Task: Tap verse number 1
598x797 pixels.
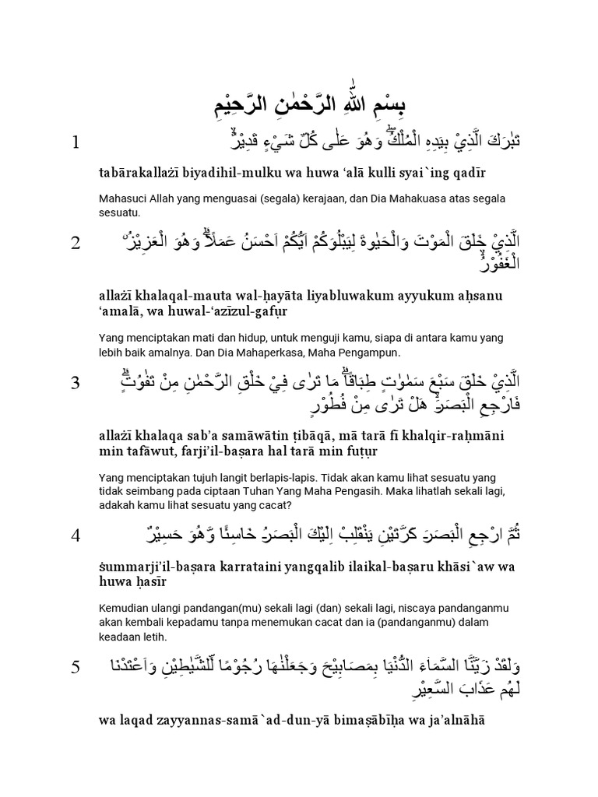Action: pos(76,142)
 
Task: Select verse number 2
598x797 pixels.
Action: pos(76,244)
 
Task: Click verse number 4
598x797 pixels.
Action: pos(76,535)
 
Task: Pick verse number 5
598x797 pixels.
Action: pos(76,667)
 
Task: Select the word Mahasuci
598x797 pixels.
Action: pos(125,198)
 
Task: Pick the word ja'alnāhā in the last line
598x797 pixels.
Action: pos(454,721)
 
